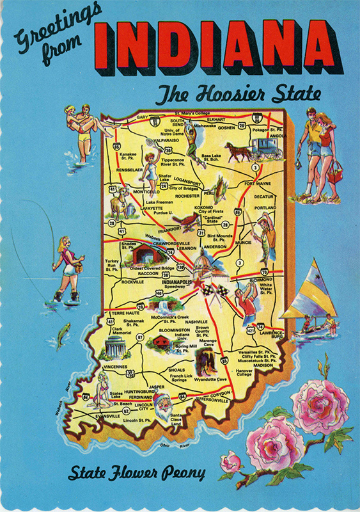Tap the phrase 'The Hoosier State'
click(x=239, y=95)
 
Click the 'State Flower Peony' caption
click(x=138, y=474)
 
